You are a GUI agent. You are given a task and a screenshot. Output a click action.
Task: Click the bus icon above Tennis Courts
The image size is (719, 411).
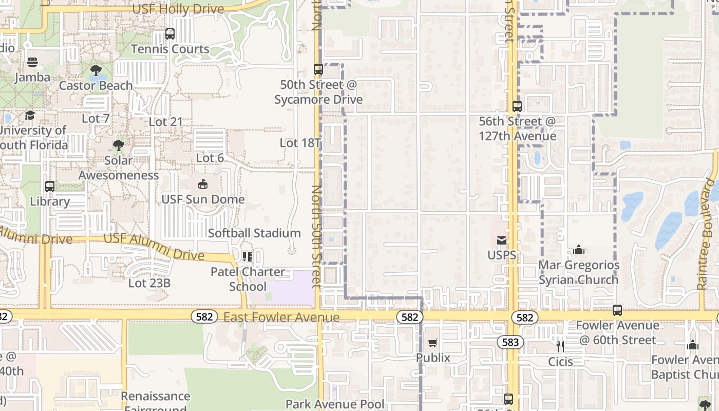[x=170, y=34]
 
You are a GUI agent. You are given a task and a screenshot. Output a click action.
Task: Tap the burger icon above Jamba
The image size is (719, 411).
[x=32, y=63]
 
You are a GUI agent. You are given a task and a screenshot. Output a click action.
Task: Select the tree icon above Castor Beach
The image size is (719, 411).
[x=96, y=70]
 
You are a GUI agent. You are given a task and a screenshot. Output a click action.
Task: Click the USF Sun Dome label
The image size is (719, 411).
[x=203, y=199]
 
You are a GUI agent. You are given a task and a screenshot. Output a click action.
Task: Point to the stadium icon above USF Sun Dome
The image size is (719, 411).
[x=203, y=184]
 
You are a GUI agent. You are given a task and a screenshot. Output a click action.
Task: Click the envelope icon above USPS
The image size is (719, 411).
[x=502, y=240]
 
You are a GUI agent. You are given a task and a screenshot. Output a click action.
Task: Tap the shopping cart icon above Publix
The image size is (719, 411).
[x=433, y=343]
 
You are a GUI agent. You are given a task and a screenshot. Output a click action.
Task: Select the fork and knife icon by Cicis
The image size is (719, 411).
[x=560, y=347]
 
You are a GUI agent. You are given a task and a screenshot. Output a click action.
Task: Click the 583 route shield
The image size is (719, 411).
[x=510, y=342]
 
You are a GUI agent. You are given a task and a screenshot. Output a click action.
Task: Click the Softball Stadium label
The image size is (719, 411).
[x=254, y=233]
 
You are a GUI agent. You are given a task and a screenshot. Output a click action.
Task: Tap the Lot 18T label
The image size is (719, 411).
[x=300, y=143]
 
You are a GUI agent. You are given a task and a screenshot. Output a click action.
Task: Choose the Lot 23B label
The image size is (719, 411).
[x=149, y=283]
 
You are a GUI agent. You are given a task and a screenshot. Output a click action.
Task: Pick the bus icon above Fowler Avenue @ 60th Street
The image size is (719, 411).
[x=617, y=310]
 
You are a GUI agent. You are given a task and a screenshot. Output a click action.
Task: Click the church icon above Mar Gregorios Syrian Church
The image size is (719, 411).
[x=579, y=250]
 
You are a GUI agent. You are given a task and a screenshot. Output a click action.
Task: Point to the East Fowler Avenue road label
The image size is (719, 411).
[x=281, y=317]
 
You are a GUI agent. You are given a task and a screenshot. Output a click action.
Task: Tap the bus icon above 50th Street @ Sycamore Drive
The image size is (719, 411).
[x=318, y=69]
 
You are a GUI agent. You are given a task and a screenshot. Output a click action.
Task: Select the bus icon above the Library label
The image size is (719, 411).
[x=50, y=186]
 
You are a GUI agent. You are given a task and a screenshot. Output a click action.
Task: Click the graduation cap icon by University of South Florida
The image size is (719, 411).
[x=30, y=115]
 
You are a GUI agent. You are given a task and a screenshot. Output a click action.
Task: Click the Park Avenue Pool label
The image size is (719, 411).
[x=335, y=404]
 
